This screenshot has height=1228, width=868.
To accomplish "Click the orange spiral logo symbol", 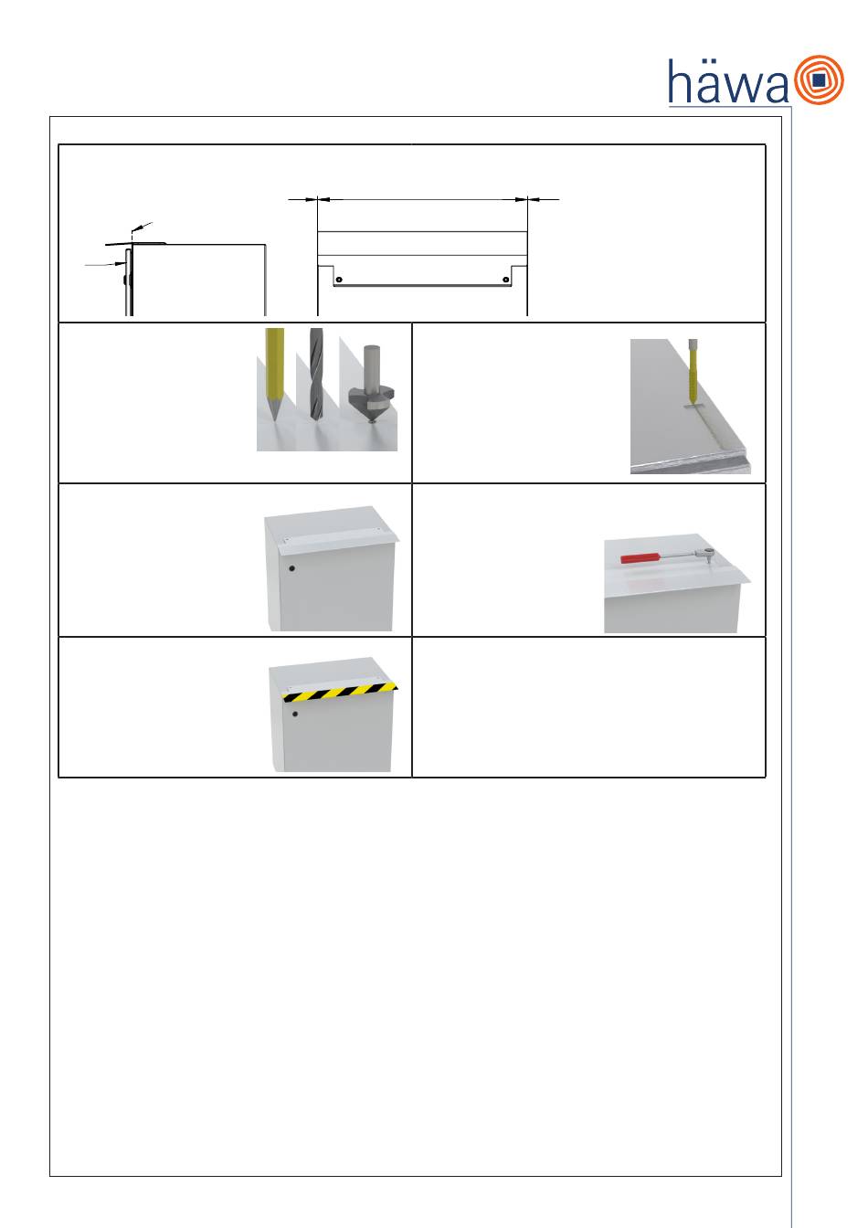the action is pos(820,79).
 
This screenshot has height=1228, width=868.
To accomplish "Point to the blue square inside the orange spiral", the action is pos(820,80).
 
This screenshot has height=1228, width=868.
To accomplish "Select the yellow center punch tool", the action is pos(273,373).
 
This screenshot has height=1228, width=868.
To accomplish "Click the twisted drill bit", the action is pos(316,374).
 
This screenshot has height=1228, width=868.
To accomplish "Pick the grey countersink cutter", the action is pos(372,384).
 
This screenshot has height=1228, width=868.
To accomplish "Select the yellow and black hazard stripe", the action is pos(339,693).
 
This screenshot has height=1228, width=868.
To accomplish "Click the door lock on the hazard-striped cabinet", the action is pos(295,714).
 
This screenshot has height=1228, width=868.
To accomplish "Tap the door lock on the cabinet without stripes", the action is pos(291,568).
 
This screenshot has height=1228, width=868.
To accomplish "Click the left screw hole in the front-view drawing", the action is pos(339,280).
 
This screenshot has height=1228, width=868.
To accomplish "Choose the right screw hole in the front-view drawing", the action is pos(506,280).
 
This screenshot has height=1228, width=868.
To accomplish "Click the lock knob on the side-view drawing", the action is pos(125,281).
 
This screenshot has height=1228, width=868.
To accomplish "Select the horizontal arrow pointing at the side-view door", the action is pos(105,264).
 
